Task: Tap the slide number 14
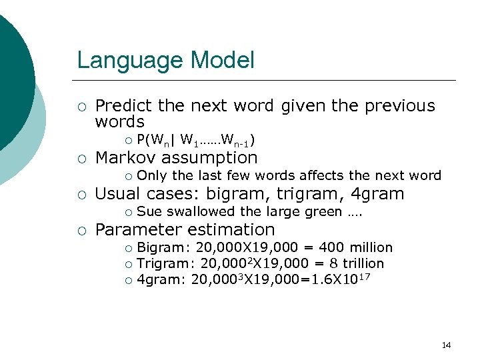point(446,345)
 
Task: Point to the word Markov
point(125,158)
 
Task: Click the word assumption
point(209,158)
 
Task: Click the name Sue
point(149,211)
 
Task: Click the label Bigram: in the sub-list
point(160,248)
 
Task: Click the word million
point(371,248)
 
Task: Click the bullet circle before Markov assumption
point(81,159)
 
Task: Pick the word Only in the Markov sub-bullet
point(152,175)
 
